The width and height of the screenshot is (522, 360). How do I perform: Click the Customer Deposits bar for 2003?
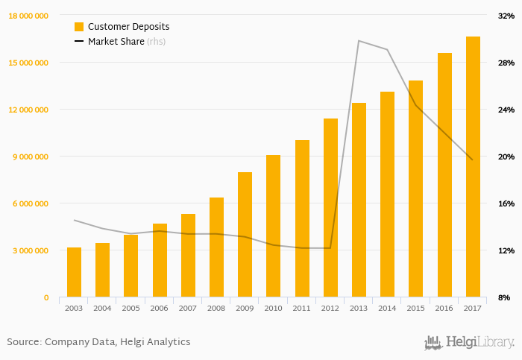coord(74,273)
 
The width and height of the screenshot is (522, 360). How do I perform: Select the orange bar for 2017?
coord(473,167)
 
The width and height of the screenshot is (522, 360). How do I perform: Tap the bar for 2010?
coord(273,227)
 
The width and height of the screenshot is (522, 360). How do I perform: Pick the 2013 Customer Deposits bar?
coord(359,200)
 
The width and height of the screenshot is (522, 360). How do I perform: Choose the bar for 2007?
coord(188,256)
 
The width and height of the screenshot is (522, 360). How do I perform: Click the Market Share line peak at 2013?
coord(359,41)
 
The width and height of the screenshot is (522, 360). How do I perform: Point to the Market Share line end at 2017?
coord(472,160)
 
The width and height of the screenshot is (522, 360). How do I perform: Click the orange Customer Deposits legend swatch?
coord(79,27)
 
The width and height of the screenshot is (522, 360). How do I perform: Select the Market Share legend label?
coord(116,42)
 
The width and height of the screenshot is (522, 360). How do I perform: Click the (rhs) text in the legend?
coord(156,42)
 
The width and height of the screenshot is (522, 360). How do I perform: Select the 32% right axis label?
coord(507,16)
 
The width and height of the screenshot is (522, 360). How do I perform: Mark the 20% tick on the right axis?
coord(507,157)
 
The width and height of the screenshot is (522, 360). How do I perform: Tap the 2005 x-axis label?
coord(130,308)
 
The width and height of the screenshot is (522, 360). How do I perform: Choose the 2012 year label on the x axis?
coord(330,308)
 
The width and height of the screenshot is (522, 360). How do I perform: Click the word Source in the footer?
coord(23,342)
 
